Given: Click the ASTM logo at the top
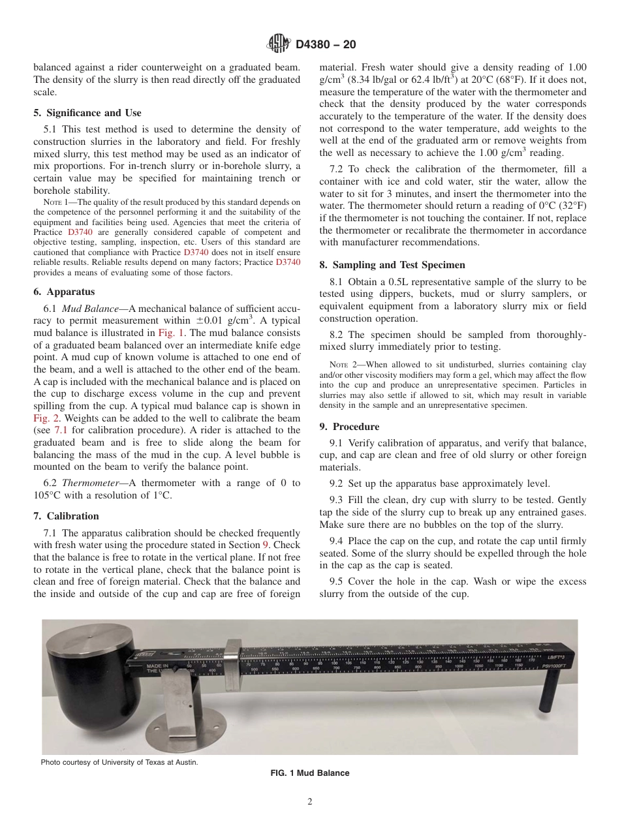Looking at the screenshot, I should [279, 44].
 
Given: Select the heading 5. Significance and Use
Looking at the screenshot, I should [87, 113].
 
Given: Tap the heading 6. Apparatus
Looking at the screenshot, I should [64, 292].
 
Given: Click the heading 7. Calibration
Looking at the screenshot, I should [67, 515].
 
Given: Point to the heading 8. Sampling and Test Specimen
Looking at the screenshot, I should [392, 265].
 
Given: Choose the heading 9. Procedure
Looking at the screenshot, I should [349, 427].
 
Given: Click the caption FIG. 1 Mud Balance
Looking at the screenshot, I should [310, 773].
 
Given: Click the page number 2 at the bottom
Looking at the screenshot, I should [310, 803].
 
